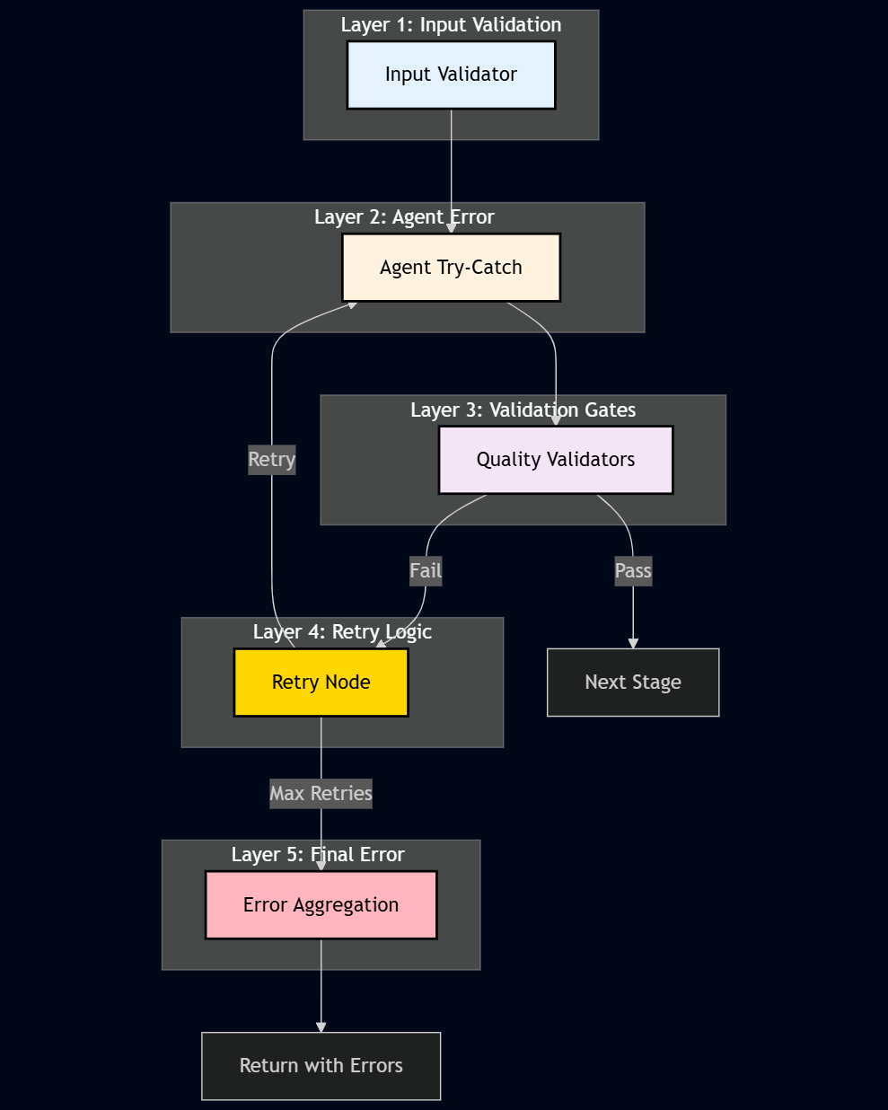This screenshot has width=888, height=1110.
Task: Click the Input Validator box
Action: tap(451, 75)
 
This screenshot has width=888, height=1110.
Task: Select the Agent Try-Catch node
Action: tap(451, 268)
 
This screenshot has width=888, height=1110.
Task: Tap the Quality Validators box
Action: tap(555, 460)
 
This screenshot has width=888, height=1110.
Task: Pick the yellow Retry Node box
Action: tap(321, 683)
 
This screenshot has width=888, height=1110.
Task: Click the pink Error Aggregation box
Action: tap(321, 905)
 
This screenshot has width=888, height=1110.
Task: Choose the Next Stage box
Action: tap(633, 683)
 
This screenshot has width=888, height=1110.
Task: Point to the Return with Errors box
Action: tap(321, 1066)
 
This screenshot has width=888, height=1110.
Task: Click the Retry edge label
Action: tap(271, 460)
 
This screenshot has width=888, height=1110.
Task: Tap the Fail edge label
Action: tap(426, 570)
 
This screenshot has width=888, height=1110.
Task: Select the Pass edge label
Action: tap(633, 570)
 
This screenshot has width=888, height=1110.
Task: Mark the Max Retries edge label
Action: tap(321, 793)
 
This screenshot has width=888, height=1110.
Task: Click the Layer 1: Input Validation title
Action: tap(451, 25)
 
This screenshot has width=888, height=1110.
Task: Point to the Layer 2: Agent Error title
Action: tap(404, 217)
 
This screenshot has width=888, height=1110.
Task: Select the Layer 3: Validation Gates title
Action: tap(523, 410)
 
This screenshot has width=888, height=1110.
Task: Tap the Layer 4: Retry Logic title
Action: tap(342, 632)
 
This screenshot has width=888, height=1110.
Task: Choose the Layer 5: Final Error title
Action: tap(318, 855)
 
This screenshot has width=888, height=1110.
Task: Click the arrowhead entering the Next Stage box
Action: tap(633, 643)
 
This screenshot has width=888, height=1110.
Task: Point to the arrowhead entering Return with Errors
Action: tap(321, 1027)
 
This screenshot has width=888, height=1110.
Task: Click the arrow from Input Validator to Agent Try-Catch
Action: tap(451, 171)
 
